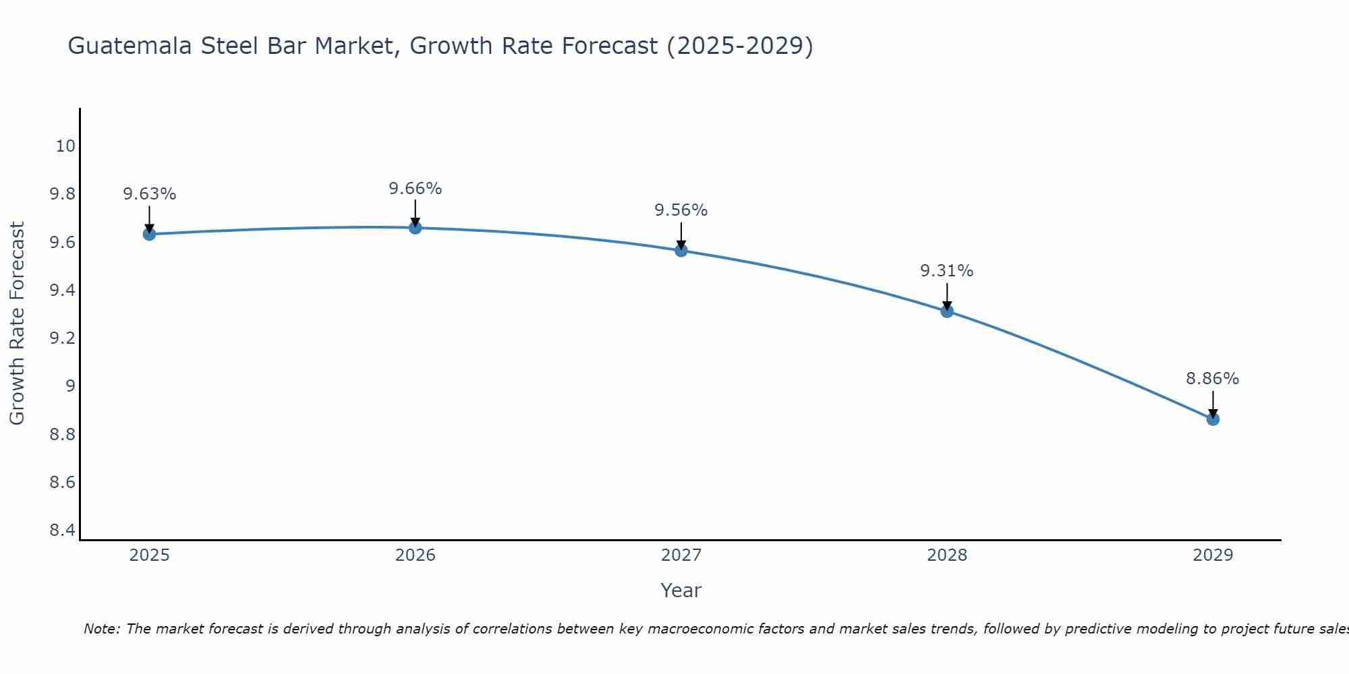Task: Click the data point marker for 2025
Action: (x=149, y=234)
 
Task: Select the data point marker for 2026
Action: (x=415, y=228)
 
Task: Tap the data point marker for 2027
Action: (x=681, y=251)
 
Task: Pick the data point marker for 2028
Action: (x=946, y=311)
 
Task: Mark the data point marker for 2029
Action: (x=1212, y=419)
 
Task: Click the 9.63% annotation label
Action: (x=149, y=194)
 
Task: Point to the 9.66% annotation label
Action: (x=415, y=189)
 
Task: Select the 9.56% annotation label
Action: (x=681, y=210)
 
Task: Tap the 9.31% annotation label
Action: (x=946, y=271)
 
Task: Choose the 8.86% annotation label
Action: (x=1212, y=379)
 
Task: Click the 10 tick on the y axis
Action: (x=65, y=146)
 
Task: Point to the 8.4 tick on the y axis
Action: (x=63, y=530)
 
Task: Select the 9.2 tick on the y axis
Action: (x=63, y=338)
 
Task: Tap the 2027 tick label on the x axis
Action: (x=681, y=555)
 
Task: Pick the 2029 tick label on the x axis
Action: (x=1212, y=555)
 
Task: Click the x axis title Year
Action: (x=681, y=590)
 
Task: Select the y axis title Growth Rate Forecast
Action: (x=17, y=324)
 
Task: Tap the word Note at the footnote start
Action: (x=101, y=629)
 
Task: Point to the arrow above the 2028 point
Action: (x=946, y=297)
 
